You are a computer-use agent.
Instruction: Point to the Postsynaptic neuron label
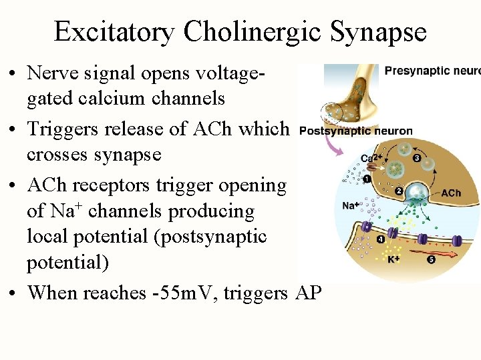point(356,131)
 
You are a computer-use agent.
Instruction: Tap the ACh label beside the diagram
point(451,193)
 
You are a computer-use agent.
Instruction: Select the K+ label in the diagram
point(394,258)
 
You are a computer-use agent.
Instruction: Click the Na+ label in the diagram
point(351,206)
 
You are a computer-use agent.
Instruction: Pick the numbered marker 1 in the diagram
point(367,178)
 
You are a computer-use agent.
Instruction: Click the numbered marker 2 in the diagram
point(399,191)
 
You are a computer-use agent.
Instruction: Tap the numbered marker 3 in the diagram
point(416,159)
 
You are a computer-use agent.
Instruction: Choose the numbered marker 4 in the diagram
point(380,239)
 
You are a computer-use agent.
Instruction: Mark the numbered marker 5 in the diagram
point(431,259)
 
